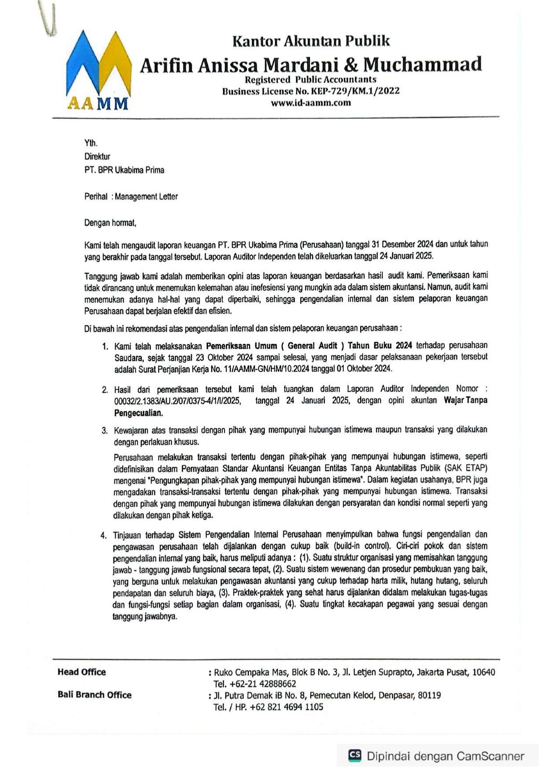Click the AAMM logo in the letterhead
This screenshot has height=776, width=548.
tap(98, 71)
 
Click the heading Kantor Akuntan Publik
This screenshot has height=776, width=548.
tap(311, 41)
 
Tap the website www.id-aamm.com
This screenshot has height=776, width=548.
tap(311, 103)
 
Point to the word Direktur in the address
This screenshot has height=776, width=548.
tap(97, 157)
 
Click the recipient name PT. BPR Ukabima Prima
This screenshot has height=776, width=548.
tap(124, 170)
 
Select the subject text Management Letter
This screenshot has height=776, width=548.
tap(146, 196)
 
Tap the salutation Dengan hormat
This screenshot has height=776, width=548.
tap(110, 223)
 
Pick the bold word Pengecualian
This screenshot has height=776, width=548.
tap(138, 413)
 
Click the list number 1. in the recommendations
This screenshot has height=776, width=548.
tap(105, 346)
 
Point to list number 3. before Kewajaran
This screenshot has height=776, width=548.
tap(105, 430)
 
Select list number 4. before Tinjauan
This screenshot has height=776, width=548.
tap(103, 535)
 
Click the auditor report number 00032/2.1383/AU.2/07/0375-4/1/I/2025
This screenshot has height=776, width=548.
tap(177, 401)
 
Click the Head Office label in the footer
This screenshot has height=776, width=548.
tap(82, 672)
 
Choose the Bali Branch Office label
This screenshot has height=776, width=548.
tap(95, 695)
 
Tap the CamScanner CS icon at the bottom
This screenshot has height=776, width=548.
tap(355, 755)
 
